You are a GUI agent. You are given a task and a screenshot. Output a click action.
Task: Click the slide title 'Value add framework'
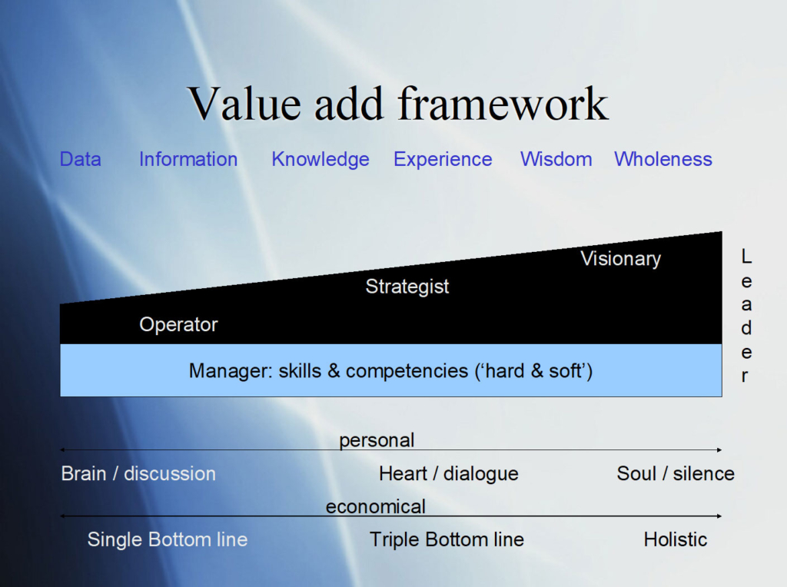(x=398, y=104)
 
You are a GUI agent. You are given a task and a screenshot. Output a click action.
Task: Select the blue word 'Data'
(x=80, y=159)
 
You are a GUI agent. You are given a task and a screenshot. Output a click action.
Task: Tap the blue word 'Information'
(x=188, y=159)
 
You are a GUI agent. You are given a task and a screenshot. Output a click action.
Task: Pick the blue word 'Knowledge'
(x=320, y=159)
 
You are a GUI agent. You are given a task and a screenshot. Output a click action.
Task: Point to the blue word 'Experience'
(x=443, y=159)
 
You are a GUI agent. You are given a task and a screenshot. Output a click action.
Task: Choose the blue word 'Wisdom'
(x=556, y=159)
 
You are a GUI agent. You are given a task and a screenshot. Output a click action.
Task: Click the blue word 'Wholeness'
(x=663, y=159)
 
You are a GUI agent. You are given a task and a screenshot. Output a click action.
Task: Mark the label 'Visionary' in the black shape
(x=620, y=259)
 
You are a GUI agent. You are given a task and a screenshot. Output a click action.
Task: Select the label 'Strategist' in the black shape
(x=407, y=287)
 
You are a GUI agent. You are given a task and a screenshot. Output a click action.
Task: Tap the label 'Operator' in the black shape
(x=178, y=324)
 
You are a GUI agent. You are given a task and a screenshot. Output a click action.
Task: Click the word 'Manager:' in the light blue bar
(x=231, y=371)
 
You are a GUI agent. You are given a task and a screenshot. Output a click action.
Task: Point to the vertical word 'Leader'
(x=745, y=316)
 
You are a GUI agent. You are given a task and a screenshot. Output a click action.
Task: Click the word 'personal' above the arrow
(x=377, y=440)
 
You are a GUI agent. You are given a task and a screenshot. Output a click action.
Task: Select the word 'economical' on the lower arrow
(x=375, y=506)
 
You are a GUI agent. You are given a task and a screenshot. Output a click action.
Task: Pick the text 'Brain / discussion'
(x=138, y=473)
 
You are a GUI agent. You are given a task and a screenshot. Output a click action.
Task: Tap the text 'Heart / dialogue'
(x=449, y=473)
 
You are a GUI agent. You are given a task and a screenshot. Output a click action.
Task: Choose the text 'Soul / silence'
(x=676, y=473)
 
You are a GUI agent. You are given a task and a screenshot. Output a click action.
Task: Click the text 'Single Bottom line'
(x=168, y=539)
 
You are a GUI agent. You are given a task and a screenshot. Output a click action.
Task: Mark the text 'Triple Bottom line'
(x=447, y=539)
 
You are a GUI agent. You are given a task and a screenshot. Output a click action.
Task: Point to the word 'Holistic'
(x=676, y=539)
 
